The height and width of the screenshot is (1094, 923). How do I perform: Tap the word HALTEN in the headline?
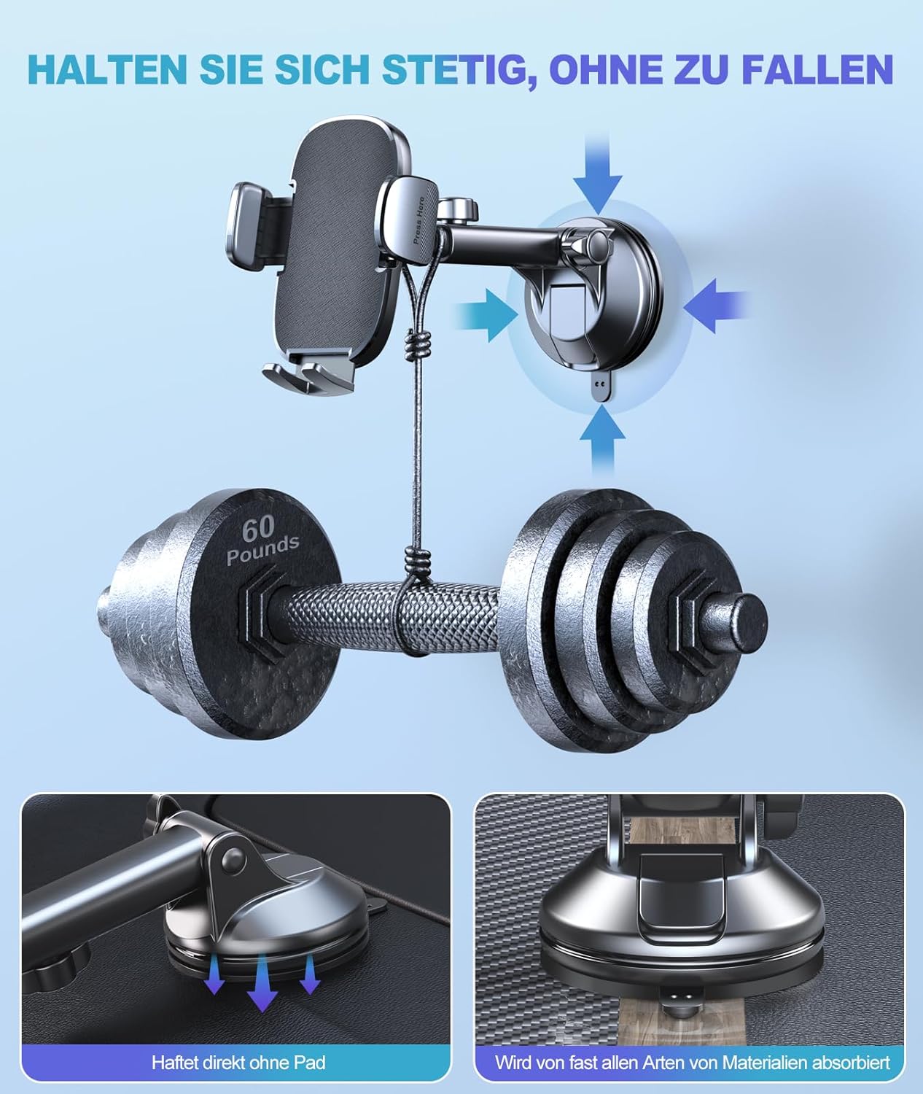click(107, 69)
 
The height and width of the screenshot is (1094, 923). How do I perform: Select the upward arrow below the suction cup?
click(602, 440)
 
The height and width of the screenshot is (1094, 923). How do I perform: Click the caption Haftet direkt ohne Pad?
click(238, 1063)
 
